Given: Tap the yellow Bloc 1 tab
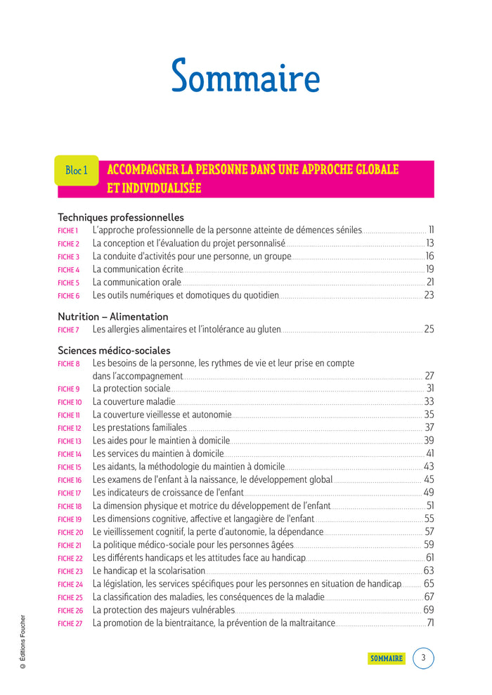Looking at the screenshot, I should [x=77, y=171].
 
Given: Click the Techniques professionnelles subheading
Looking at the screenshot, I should [x=121, y=217].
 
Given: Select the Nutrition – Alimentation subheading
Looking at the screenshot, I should [x=113, y=316].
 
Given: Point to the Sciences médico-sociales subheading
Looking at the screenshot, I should [x=114, y=350].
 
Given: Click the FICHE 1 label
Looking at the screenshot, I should [x=68, y=230].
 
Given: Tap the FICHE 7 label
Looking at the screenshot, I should [x=68, y=330].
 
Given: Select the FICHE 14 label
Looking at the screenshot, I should [x=70, y=455].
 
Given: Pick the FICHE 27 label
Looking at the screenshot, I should [x=70, y=623].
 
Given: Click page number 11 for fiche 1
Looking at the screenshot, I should [x=431, y=230].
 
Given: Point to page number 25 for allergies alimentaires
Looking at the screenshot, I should [x=429, y=329].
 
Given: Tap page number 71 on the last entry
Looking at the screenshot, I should [x=430, y=623].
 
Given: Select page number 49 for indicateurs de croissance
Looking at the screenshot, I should [x=429, y=492].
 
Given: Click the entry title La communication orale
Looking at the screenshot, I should [x=137, y=282].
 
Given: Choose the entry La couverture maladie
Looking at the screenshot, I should [x=134, y=401].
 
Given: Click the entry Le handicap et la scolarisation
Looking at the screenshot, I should [x=149, y=571].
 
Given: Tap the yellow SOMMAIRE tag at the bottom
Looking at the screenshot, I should [x=387, y=658].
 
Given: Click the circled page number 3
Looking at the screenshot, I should [x=423, y=658].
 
